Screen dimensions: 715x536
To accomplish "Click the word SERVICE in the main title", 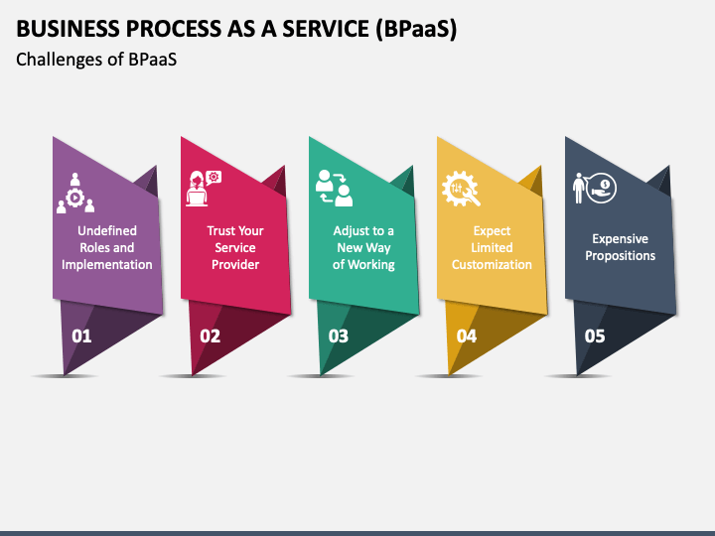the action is (x=326, y=29).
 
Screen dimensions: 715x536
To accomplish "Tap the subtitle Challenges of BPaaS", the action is (x=96, y=60).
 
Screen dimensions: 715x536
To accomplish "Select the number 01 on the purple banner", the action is (x=81, y=336).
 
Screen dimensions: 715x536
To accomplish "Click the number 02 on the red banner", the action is (x=210, y=336).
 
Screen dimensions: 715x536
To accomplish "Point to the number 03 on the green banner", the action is (x=339, y=336).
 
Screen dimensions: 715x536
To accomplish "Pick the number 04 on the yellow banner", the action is (x=467, y=336).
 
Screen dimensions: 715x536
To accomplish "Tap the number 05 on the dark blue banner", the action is (x=595, y=336).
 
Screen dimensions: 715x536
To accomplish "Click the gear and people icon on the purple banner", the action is (x=75, y=193).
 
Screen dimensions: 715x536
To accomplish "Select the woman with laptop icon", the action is (x=204, y=189).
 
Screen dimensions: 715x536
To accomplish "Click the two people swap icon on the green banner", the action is (x=334, y=188).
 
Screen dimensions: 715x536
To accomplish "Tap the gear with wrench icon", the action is (x=461, y=189).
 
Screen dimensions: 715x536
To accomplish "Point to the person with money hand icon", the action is (x=595, y=188).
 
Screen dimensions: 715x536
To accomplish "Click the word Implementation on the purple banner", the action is (x=107, y=265).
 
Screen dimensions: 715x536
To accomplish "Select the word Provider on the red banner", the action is (x=235, y=265).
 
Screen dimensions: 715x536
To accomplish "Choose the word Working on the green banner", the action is (x=371, y=265).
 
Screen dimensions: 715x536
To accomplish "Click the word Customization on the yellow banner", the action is (x=492, y=265).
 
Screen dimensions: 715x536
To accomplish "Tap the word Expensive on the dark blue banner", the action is (x=620, y=239).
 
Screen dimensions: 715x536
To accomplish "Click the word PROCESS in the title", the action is (x=173, y=29).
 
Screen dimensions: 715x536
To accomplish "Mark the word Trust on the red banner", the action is (x=220, y=230).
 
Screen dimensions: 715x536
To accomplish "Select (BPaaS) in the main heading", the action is (x=416, y=29).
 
